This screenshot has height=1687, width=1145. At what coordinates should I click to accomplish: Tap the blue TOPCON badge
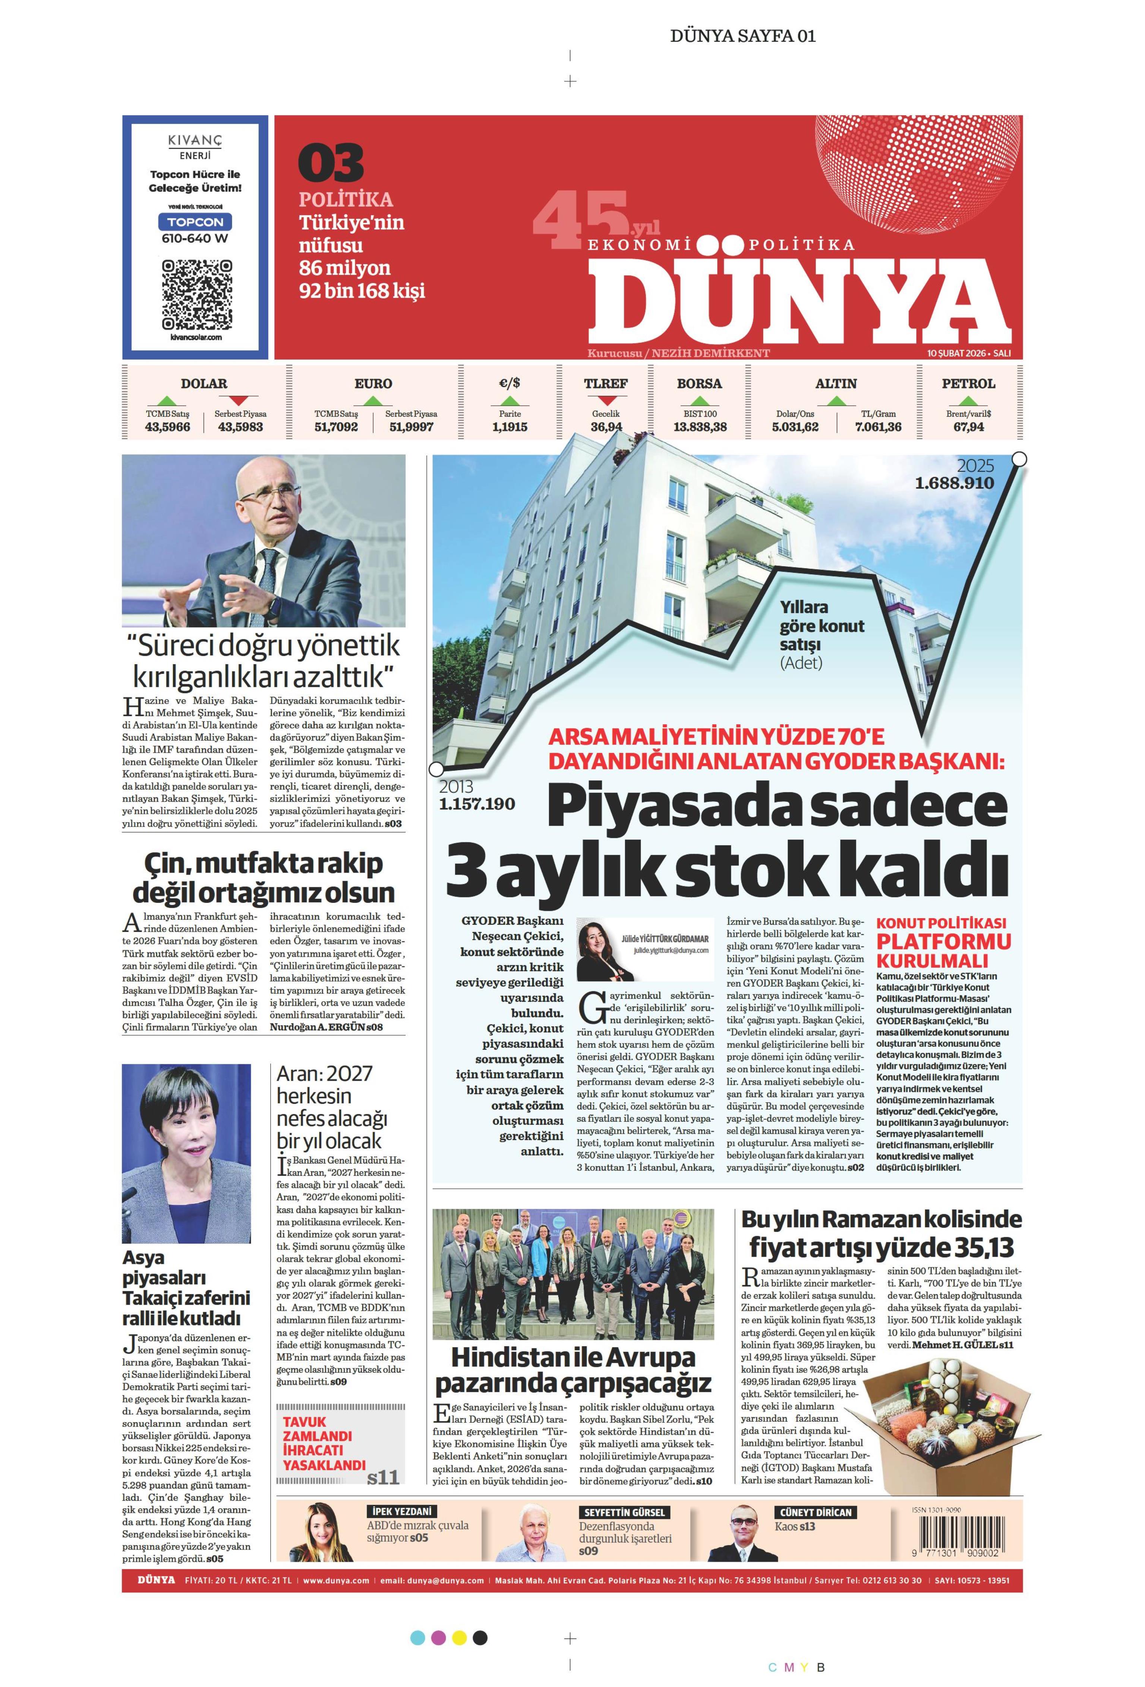(195, 221)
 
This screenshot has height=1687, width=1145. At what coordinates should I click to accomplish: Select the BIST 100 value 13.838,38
(699, 427)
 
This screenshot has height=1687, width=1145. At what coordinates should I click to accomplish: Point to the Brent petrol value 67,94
(969, 427)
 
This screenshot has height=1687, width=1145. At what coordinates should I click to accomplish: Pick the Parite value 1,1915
(510, 427)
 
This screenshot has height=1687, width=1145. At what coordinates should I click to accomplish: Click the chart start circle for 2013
(436, 769)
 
